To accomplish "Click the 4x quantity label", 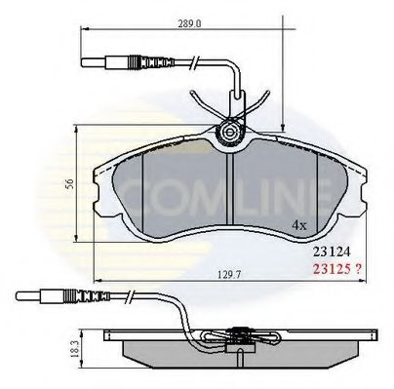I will [x=300, y=224].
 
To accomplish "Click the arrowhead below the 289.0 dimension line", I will [x=282, y=124].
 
